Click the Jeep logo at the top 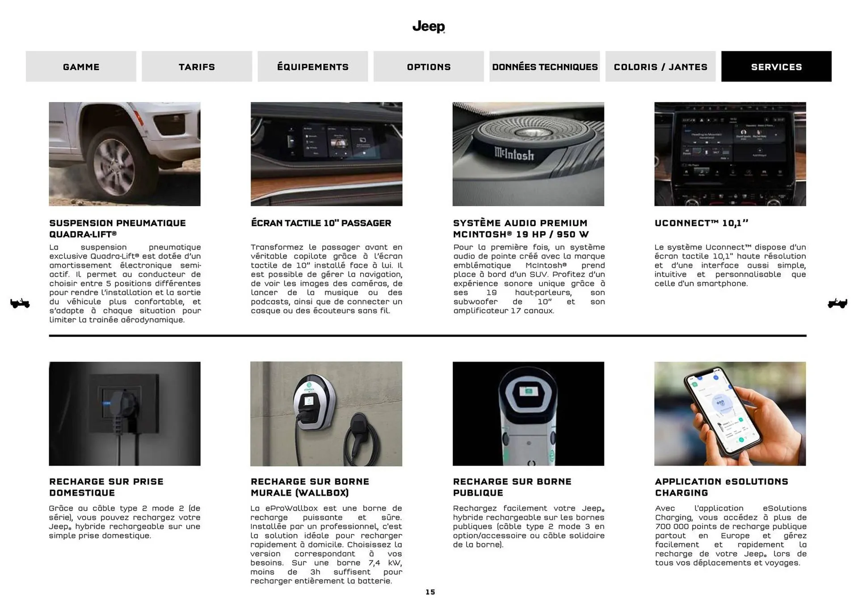tap(428, 26)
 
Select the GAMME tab tap(81, 67)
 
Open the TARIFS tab tap(197, 67)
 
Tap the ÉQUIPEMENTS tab tap(312, 67)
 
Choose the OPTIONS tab tap(429, 67)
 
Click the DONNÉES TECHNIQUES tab tap(544, 67)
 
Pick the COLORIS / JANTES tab tap(660, 67)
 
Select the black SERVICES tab tap(776, 67)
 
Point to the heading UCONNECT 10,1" tap(701, 223)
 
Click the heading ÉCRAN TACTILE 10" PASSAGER tap(321, 223)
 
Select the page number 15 tap(430, 592)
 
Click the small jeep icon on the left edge tap(20, 303)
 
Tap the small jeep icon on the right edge tap(837, 303)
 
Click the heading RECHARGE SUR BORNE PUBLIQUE tap(512, 487)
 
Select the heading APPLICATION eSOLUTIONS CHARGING tap(721, 487)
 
